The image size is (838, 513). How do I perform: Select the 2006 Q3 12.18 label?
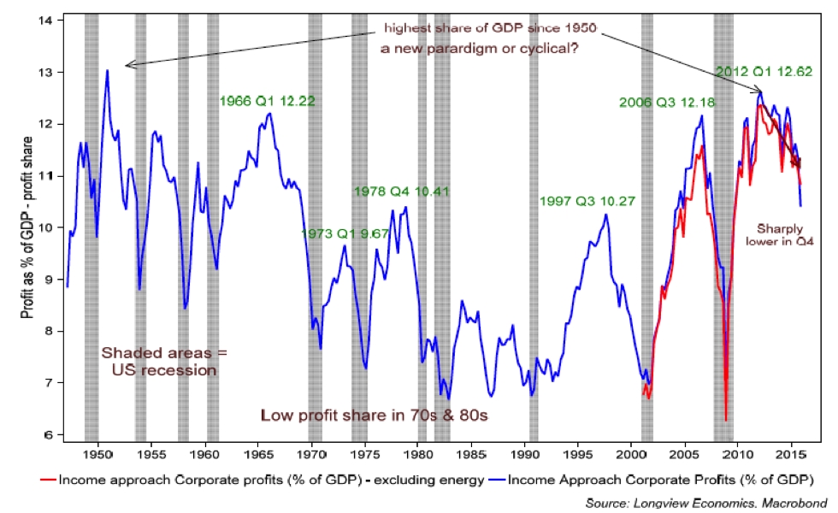click(667, 103)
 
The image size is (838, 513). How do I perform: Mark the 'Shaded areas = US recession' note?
click(159, 361)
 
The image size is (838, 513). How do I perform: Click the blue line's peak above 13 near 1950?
click(108, 70)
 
